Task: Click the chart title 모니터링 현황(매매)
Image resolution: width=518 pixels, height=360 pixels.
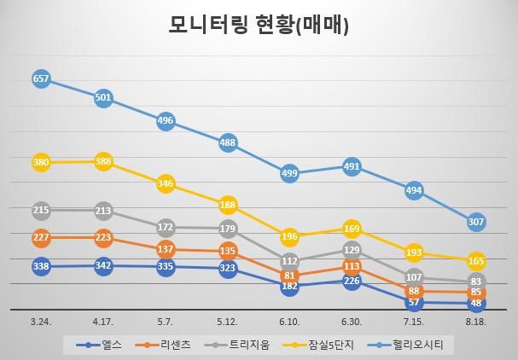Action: (258, 26)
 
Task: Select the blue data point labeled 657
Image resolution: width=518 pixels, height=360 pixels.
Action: (41, 78)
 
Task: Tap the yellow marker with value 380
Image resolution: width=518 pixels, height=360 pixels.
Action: (41, 162)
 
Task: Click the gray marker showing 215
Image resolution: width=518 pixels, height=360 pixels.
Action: (41, 210)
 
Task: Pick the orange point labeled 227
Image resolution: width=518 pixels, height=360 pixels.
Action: (41, 237)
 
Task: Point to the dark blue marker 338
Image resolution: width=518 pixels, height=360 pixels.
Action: (41, 266)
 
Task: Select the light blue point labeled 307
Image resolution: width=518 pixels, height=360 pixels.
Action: (476, 222)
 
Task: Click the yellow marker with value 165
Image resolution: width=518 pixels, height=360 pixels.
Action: (476, 260)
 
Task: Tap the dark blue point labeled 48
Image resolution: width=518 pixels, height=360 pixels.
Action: (476, 303)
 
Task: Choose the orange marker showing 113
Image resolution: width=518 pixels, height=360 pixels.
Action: (352, 265)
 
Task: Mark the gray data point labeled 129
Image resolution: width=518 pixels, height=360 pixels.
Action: (352, 249)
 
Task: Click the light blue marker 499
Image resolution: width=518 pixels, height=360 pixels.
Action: (290, 173)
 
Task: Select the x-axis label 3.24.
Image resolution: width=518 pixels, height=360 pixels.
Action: (41, 322)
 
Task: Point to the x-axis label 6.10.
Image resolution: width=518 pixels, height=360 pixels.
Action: (290, 322)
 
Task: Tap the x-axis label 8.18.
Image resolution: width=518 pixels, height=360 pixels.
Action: (476, 322)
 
